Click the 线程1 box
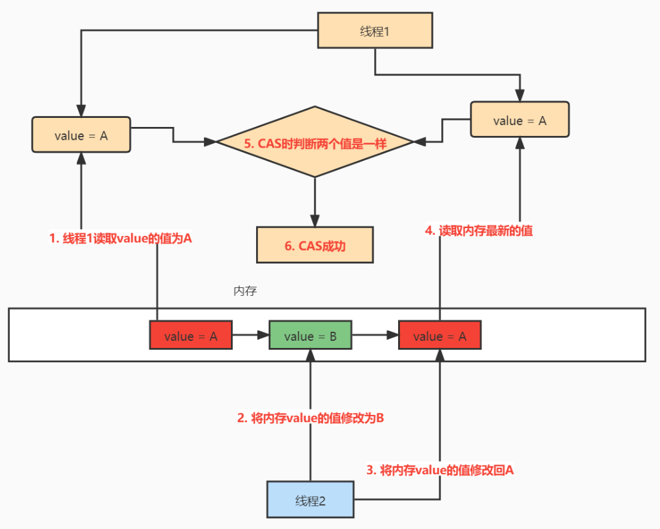coord(375,31)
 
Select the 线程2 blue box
coord(310,500)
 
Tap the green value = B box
coord(310,336)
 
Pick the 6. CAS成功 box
coord(315,245)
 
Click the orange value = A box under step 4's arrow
coord(519,120)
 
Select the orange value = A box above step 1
coord(81,135)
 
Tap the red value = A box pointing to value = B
coord(190,336)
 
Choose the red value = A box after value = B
coord(439,336)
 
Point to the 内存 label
coord(245,291)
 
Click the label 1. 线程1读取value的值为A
coord(121,238)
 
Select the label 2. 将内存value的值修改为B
coord(310,418)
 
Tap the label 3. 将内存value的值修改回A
coord(439,470)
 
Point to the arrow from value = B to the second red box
coord(375,335)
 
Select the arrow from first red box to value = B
coord(250,335)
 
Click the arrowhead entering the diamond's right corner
coord(417,141)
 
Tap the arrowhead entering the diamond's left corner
coord(211,141)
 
